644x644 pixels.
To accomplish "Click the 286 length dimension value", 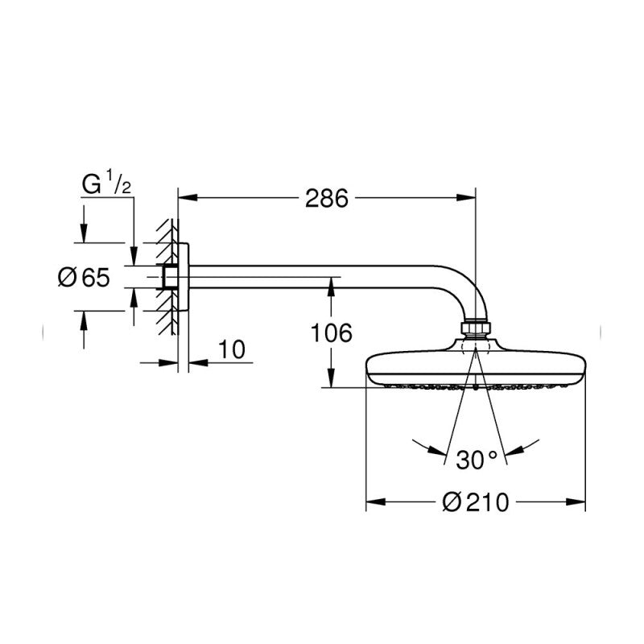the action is (327, 199).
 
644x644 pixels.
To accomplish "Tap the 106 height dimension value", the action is (331, 332).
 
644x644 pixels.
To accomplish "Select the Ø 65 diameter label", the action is (85, 277).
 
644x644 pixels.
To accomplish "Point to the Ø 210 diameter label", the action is (475, 502).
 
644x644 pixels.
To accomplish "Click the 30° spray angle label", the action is (477, 460).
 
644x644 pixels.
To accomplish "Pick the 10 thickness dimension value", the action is (231, 349).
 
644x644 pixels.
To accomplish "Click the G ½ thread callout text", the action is (106, 184).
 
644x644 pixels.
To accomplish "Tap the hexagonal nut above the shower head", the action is (476, 328).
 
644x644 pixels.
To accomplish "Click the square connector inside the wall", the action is (170, 277).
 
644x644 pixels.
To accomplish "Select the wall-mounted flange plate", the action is (184, 277).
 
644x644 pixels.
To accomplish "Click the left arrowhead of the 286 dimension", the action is (188, 198).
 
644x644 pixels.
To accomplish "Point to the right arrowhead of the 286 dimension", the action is (466, 198).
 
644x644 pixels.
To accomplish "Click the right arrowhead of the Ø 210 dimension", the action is (576, 502).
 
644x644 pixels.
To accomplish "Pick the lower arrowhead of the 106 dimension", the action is (331, 378).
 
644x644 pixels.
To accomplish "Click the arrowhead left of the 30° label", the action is (436, 450).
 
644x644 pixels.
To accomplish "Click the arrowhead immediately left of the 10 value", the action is (168, 363).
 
